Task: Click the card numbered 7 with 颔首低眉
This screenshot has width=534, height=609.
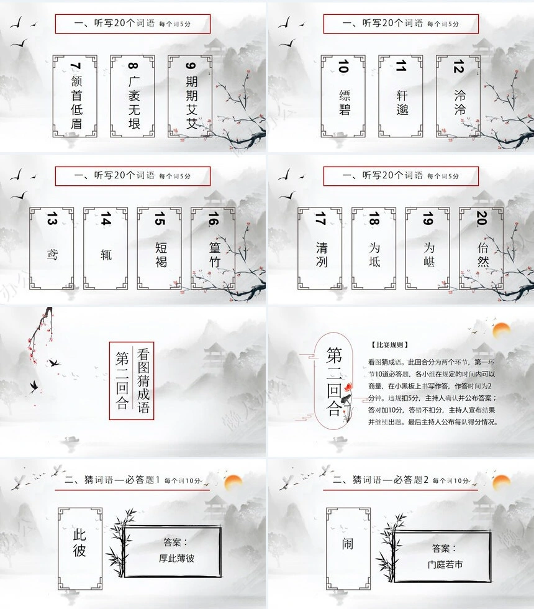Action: [x=76, y=96]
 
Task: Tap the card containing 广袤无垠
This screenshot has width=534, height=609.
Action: [x=133, y=96]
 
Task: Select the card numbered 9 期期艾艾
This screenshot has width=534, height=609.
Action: [x=191, y=96]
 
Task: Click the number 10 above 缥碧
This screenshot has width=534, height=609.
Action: [x=343, y=66]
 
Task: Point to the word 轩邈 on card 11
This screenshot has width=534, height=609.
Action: [x=401, y=103]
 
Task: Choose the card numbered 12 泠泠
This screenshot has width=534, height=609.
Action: [x=459, y=96]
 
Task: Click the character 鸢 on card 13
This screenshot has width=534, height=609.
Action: [x=52, y=254]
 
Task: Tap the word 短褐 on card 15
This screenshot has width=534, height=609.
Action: [x=160, y=254]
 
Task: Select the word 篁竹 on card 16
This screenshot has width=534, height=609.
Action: [x=214, y=255]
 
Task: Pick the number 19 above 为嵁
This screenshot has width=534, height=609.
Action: [x=428, y=220]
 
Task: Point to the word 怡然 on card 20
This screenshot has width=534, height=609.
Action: [x=482, y=254]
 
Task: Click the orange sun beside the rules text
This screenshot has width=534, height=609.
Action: [x=500, y=330]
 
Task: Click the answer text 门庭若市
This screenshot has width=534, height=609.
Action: [x=445, y=565]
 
